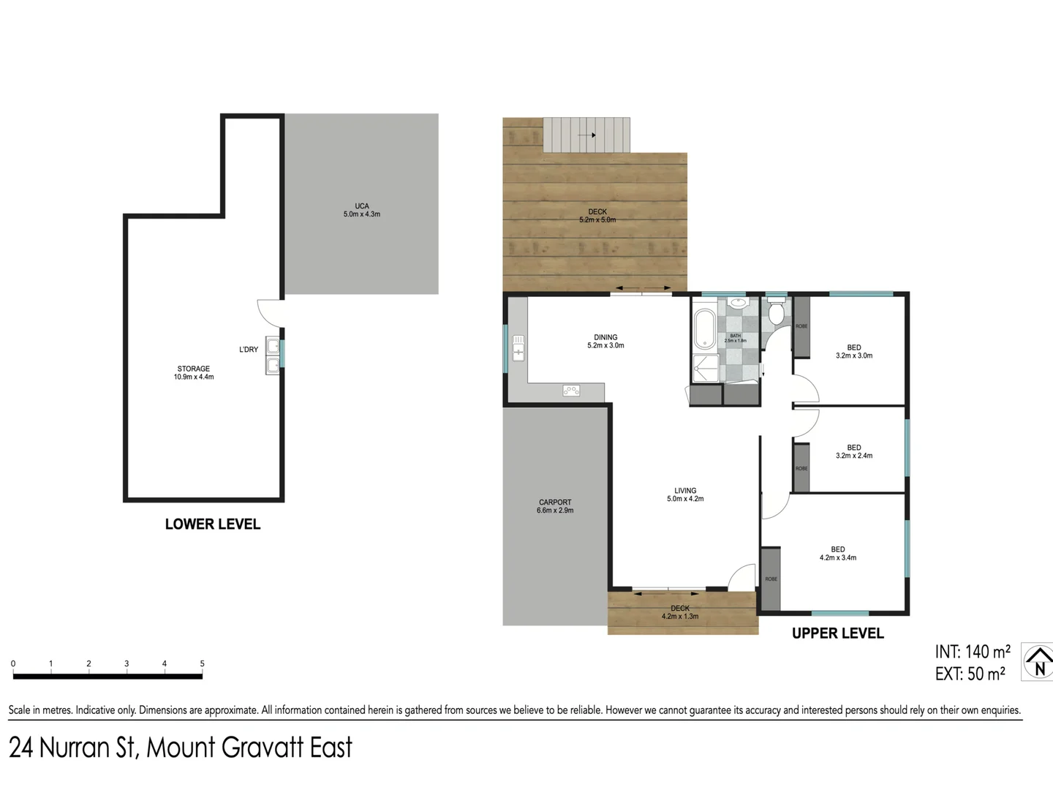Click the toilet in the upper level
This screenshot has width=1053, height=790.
pyautogui.click(x=776, y=312)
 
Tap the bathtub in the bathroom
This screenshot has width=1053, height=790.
pyautogui.click(x=705, y=329)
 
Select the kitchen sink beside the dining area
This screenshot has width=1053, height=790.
pyautogui.click(x=518, y=347)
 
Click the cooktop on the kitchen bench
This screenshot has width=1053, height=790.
pyautogui.click(x=571, y=391)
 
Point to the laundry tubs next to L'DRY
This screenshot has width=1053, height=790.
pyautogui.click(x=273, y=355)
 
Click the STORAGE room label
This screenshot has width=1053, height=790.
pyautogui.click(x=194, y=373)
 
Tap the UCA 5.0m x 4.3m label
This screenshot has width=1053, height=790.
pyautogui.click(x=362, y=210)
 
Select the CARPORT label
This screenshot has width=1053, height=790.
pyautogui.click(x=555, y=506)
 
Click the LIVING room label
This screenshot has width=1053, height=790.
pyautogui.click(x=685, y=494)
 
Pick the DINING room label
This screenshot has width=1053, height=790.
pyautogui.click(x=605, y=342)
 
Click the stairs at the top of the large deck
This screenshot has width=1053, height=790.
pyautogui.click(x=586, y=135)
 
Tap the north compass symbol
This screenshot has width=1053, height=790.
pyautogui.click(x=1038, y=662)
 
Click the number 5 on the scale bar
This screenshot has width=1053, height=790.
pyautogui.click(x=203, y=663)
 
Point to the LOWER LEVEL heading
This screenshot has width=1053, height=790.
pyautogui.click(x=213, y=524)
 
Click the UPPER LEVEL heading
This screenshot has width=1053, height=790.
pyautogui.click(x=838, y=633)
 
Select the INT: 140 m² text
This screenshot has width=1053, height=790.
pyautogui.click(x=973, y=652)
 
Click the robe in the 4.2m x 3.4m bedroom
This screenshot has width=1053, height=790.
pyautogui.click(x=771, y=578)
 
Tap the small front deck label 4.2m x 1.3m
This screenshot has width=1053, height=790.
pyautogui.click(x=680, y=613)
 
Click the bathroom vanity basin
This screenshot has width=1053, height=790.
pyautogui.click(x=738, y=302)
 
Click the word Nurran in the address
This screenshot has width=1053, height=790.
pyautogui.click(x=74, y=748)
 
